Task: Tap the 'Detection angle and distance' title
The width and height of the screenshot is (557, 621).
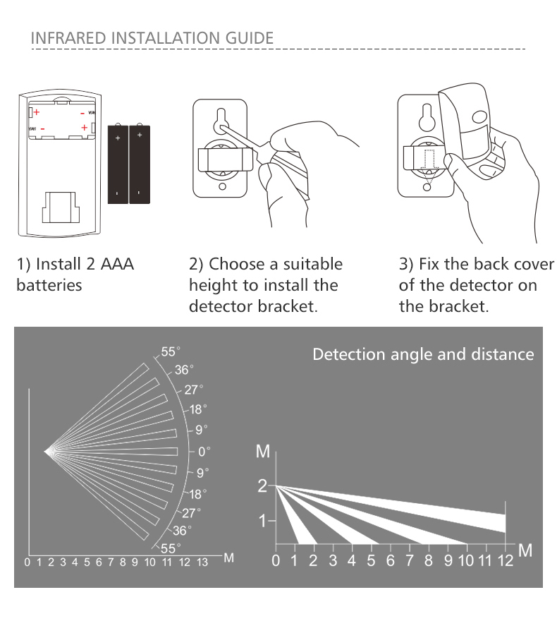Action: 423,354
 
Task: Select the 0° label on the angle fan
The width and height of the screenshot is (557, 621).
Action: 204,450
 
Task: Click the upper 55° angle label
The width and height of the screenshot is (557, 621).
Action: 171,351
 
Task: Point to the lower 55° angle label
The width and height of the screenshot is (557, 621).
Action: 171,548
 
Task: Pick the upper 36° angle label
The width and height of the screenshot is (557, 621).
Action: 184,370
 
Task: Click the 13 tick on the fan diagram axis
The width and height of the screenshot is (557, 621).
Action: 202,562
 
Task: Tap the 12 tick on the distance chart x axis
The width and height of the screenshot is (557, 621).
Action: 506,561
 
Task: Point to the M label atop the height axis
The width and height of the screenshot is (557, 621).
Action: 262,452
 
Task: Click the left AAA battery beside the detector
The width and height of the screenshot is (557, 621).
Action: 118,164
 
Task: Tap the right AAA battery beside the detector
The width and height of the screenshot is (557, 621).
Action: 140,164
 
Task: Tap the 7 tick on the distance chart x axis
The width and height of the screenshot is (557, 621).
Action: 410,561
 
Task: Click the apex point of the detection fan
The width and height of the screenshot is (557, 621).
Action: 46,450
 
